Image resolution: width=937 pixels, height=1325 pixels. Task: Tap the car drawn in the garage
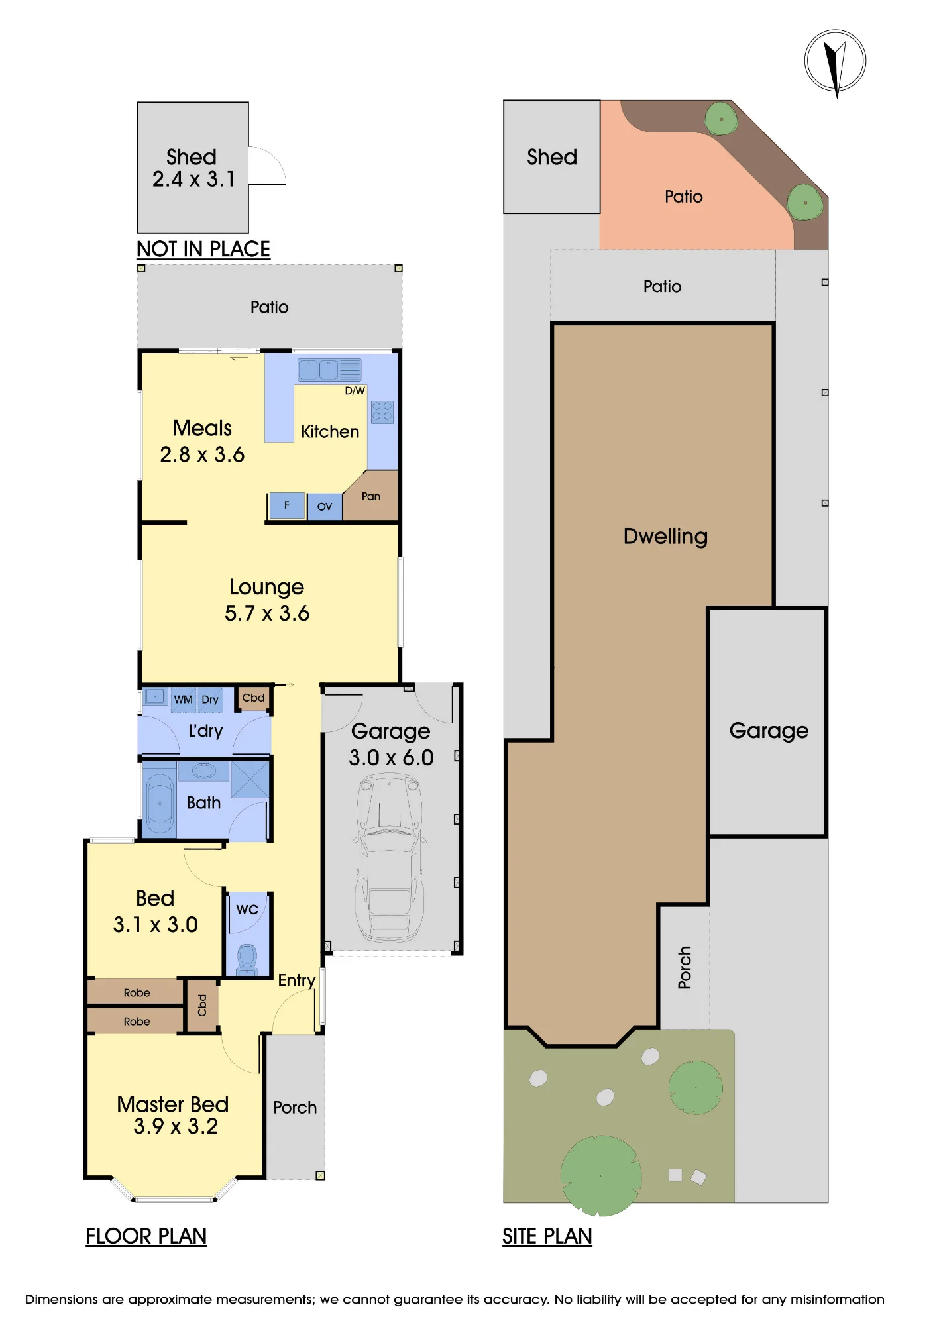[x=390, y=859]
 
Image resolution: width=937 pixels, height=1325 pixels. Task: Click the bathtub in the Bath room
[x=159, y=803]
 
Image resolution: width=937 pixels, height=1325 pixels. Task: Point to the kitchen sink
[x=329, y=370]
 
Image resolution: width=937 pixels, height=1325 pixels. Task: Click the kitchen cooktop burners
[x=382, y=412]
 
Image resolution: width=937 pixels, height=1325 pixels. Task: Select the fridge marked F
[x=287, y=505]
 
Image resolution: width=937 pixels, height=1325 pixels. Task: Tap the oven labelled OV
[x=325, y=507]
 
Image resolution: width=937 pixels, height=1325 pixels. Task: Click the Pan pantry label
[x=371, y=496]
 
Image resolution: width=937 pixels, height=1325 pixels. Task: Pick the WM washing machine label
[x=184, y=700]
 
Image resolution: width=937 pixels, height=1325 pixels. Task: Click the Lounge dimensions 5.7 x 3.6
[x=267, y=613]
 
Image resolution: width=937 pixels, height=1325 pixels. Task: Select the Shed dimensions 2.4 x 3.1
[x=193, y=179]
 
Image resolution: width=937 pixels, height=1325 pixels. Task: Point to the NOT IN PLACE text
[x=203, y=249]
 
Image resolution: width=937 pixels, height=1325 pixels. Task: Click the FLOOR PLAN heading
[x=146, y=1236]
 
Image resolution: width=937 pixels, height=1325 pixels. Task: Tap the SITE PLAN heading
[x=547, y=1236]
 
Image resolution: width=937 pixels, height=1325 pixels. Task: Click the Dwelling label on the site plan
[x=666, y=536]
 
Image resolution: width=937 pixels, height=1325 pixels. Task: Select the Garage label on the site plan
[x=769, y=731]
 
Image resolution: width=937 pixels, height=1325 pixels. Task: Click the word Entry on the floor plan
[x=296, y=980]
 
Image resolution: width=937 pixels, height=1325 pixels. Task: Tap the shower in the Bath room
[x=250, y=779]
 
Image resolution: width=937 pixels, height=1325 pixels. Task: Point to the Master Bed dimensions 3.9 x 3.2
[x=176, y=1126]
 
